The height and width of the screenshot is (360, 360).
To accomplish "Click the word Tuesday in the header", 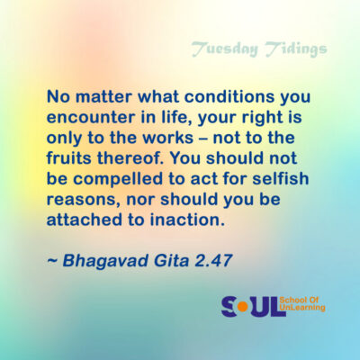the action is [224, 49].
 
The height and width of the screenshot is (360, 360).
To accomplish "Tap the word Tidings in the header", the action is [296, 49].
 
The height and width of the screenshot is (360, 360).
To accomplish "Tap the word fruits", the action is [69, 158].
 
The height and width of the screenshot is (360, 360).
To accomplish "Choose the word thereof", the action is [132, 158].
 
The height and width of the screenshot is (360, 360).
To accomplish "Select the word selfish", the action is [280, 178].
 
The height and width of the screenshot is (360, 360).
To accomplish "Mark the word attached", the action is [85, 220].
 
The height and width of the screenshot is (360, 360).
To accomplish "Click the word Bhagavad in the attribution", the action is [106, 261].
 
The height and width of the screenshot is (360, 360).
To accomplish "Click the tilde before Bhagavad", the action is [52, 261].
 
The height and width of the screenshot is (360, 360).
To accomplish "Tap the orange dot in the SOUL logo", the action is [242, 307].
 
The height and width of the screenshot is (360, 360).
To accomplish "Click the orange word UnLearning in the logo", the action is [301, 308].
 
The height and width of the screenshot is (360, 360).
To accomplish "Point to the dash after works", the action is [203, 139].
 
